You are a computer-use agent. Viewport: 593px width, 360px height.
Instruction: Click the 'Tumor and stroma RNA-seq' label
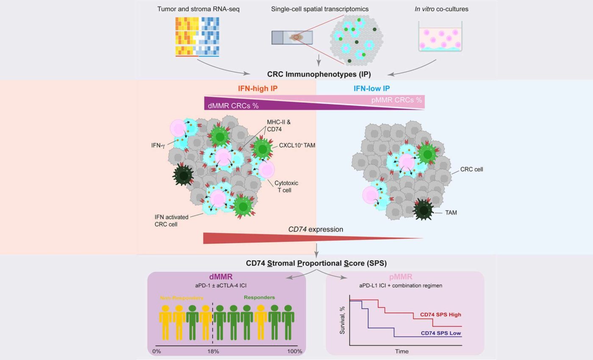(x=198, y=9)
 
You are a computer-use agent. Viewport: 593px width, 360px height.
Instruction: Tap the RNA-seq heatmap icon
(x=197, y=37)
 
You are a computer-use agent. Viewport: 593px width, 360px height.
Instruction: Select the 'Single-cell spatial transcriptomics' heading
(x=320, y=9)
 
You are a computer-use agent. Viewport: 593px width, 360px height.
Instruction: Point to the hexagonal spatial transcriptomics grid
(x=356, y=40)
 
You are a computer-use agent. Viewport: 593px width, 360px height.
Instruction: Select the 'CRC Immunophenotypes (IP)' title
(x=319, y=74)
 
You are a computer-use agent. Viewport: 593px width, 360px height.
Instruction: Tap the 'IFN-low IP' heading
(x=371, y=89)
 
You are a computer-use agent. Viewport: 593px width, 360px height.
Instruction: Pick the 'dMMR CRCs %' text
(x=233, y=105)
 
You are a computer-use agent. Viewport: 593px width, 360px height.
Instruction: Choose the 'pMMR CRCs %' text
(x=396, y=100)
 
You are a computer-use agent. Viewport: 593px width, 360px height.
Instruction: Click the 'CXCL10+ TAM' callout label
(x=297, y=146)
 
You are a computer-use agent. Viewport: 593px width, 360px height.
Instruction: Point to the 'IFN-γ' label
(x=158, y=145)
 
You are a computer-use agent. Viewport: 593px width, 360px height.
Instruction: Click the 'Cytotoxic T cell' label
(x=286, y=187)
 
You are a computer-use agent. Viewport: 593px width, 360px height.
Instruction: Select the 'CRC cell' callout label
(x=471, y=169)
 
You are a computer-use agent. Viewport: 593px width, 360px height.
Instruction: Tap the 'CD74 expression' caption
(x=316, y=230)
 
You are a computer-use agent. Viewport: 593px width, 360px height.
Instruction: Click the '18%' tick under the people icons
(x=213, y=351)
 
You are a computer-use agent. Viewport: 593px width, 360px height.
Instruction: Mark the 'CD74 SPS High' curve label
(x=441, y=315)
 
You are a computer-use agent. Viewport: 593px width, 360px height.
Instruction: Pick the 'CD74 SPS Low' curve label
(x=441, y=333)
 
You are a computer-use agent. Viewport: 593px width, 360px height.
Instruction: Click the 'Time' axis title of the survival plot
(x=402, y=351)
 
